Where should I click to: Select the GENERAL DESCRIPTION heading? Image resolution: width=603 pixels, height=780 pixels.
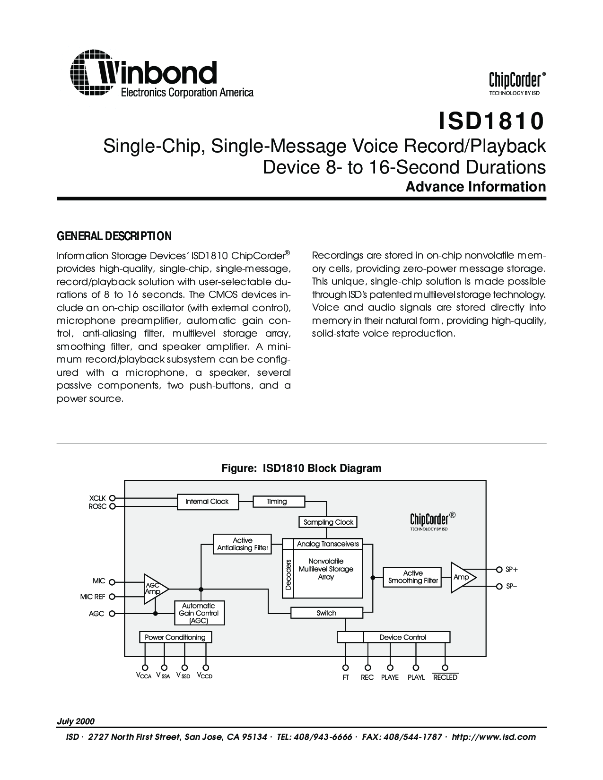point(114,236)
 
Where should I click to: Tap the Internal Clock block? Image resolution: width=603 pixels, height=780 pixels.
point(207,501)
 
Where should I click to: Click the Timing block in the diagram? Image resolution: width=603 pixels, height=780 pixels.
point(277,501)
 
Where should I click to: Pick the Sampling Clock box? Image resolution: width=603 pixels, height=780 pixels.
point(328,522)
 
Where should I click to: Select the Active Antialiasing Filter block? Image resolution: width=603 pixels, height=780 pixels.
point(243,544)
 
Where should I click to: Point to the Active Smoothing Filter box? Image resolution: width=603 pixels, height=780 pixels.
point(413,577)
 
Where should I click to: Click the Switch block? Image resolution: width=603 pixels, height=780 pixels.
point(326,613)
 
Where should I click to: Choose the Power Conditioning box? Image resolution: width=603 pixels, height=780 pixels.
point(175,637)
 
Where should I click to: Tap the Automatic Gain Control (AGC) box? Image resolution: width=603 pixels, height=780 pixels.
point(199,613)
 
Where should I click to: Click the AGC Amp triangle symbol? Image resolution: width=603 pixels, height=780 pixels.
point(154,589)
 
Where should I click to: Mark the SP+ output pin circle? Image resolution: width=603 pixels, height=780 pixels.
point(498,569)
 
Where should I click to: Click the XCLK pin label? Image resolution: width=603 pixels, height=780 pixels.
point(97,498)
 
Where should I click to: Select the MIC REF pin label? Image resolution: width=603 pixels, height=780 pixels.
point(93,597)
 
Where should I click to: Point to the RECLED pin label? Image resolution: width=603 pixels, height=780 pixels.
point(445,677)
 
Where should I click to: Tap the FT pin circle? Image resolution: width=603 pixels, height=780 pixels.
point(346,667)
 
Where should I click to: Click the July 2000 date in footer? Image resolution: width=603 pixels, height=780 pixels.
point(76,721)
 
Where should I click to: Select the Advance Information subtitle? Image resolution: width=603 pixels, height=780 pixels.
point(476,187)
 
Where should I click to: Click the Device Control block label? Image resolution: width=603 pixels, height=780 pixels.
point(403,637)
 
